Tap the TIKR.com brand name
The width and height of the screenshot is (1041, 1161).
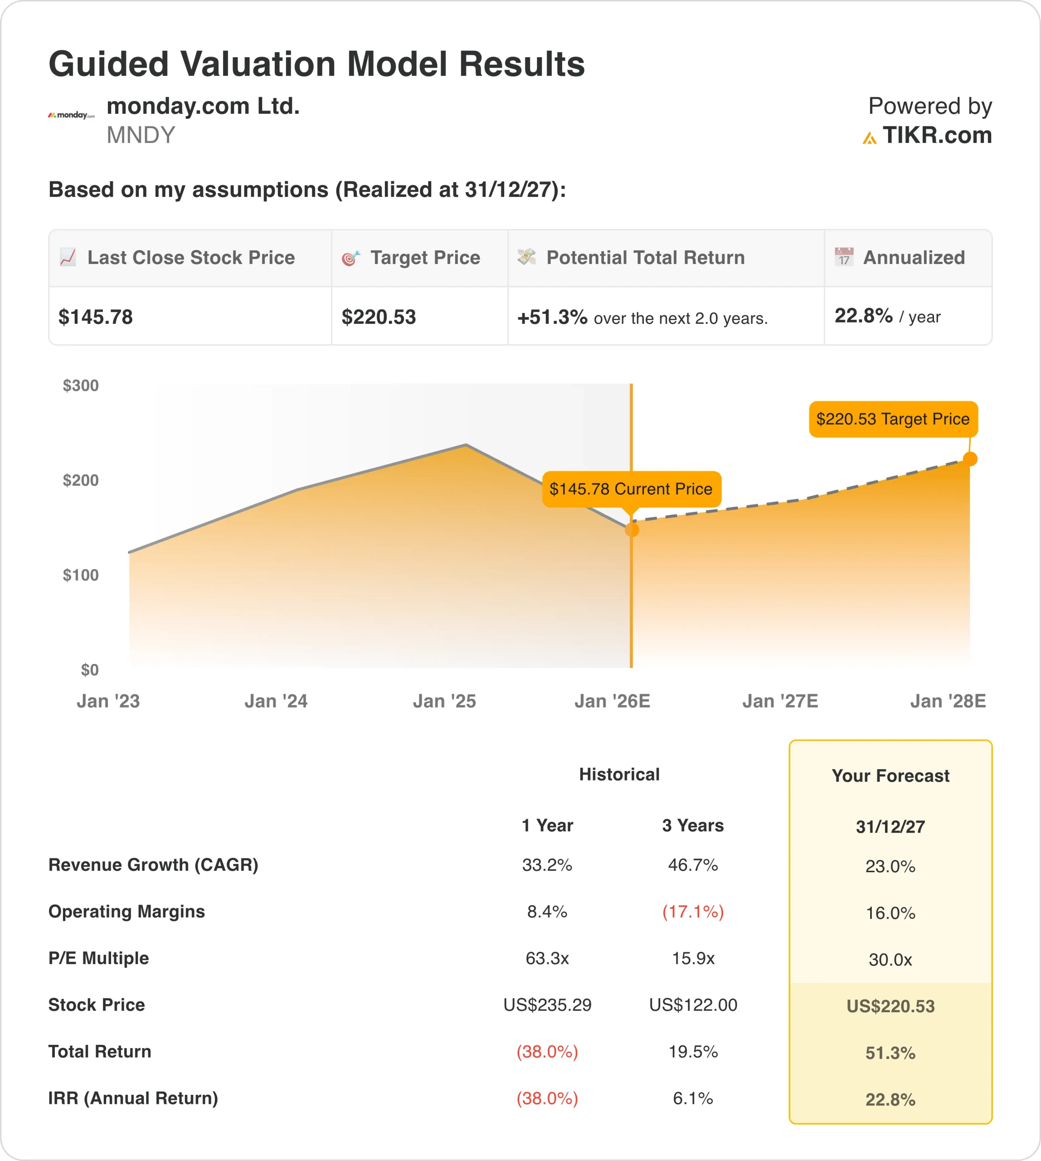[936, 136]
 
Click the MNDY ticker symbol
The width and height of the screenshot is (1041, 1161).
[141, 136]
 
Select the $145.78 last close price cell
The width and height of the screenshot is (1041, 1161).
[96, 317]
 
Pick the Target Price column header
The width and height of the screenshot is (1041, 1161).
[425, 258]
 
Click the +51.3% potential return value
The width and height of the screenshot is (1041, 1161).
[552, 317]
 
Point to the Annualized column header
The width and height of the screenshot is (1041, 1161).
[914, 258]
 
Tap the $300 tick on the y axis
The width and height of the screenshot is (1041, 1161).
[81, 385]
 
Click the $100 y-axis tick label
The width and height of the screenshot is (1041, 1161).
[81, 575]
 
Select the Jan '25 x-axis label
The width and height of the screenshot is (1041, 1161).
[444, 701]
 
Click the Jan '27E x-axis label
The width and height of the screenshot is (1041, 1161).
[780, 701]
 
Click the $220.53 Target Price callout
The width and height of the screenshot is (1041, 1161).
[893, 419]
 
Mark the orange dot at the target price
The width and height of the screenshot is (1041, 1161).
[970, 459]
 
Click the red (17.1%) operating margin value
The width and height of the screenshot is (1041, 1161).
[693, 912]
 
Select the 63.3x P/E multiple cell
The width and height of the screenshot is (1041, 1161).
[547, 958]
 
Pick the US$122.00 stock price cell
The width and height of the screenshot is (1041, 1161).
[693, 1005]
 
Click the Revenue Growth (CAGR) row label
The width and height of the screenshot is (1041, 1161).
[153, 864]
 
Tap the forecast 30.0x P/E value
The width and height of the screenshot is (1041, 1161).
[890, 960]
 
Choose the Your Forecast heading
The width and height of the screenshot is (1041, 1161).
[890, 776]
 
